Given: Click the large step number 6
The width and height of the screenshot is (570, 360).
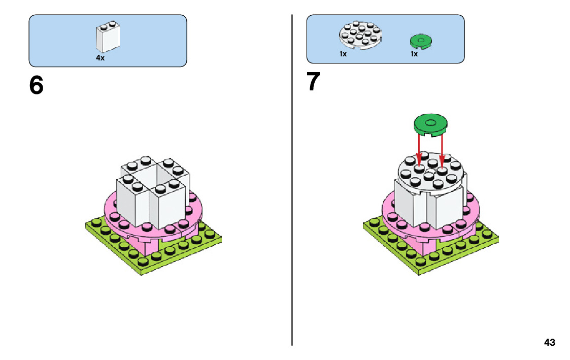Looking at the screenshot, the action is pos(37,86).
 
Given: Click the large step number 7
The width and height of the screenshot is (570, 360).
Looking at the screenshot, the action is pos(314,82).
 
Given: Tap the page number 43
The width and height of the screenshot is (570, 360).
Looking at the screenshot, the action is pos(549,343).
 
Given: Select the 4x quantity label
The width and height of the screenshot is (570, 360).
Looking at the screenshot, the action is pos(100,58).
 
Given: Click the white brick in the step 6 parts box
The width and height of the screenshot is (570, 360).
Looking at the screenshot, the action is pos(108,38).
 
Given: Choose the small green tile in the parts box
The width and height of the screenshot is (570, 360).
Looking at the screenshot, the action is pos(420,41).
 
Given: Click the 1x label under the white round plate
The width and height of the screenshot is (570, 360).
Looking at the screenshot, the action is pos(343,54).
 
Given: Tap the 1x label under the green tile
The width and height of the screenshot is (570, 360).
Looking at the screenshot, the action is pos(414,54).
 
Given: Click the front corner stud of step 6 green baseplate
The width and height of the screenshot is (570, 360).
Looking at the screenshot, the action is pos(143,262).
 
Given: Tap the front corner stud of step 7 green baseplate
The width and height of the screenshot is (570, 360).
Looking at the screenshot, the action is pos(421,262).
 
